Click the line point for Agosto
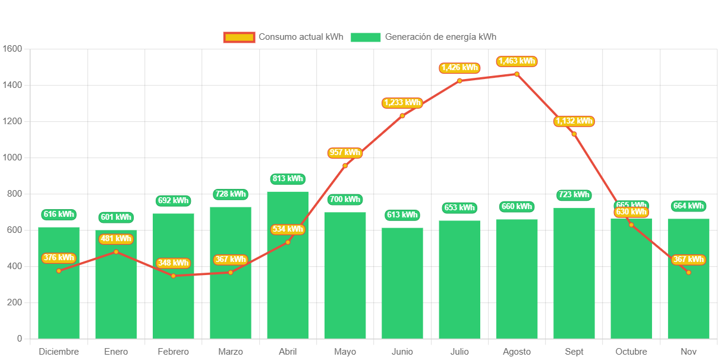[517, 74]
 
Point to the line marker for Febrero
[173, 276]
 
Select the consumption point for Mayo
[345, 166]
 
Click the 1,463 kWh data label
[517, 61]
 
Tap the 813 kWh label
[288, 178]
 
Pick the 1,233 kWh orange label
[402, 103]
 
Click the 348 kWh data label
[173, 263]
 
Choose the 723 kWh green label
[574, 195]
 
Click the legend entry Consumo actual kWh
[284, 37]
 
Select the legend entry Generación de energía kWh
[423, 37]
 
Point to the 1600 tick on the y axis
[12, 49]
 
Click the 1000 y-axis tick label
[12, 157]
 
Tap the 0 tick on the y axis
[20, 339]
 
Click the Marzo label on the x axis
[231, 352]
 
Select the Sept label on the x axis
[574, 352]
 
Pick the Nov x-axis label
[688, 352]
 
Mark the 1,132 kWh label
[574, 121]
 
